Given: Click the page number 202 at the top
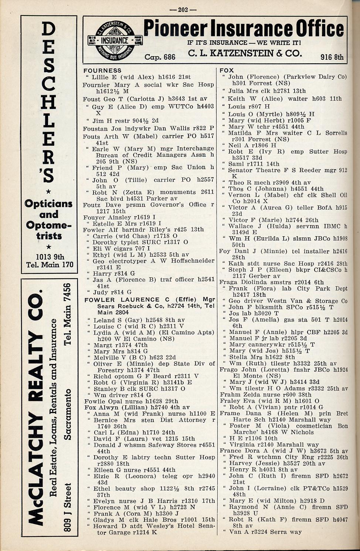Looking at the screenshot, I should pyautogui.click(x=183, y=10).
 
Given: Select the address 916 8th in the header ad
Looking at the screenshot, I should pyautogui.click(x=332, y=57).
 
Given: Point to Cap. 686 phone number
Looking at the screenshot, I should pyautogui.click(x=160, y=57).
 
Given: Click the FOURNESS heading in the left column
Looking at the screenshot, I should pyautogui.click(x=102, y=70).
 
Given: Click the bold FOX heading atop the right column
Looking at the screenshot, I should pyautogui.click(x=227, y=70).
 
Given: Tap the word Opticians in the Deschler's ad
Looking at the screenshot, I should pyautogui.click(x=48, y=204).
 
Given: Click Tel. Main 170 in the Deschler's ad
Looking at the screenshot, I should pyautogui.click(x=50, y=265).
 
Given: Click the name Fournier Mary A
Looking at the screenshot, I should pyautogui.click(x=110, y=85).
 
